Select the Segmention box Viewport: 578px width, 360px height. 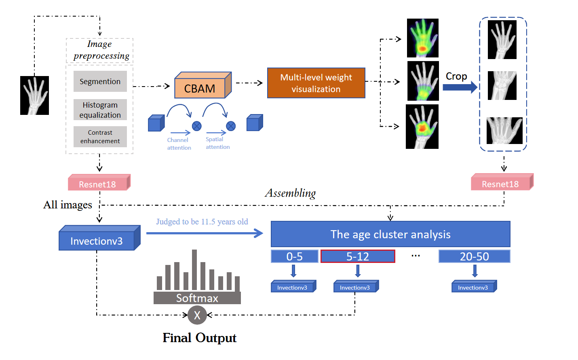pyautogui.click(x=100, y=81)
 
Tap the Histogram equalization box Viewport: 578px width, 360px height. pyautogui.click(x=100, y=110)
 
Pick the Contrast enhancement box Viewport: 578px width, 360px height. pyautogui.click(x=100, y=137)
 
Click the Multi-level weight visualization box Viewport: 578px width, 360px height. pyautogui.click(x=316, y=83)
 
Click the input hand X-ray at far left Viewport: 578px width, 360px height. pyautogui.click(x=34, y=95)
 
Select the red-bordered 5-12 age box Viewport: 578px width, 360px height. pyautogui.click(x=358, y=256)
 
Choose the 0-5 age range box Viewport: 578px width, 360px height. pyautogui.click(x=294, y=256)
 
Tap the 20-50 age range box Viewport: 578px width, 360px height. pyautogui.click(x=474, y=256)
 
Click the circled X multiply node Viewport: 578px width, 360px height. pyautogui.click(x=197, y=315)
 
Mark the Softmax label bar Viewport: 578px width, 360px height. pyautogui.click(x=197, y=298)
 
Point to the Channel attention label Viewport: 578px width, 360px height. pyautogui.click(x=179, y=144)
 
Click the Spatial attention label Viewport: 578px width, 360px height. pyautogui.click(x=217, y=143)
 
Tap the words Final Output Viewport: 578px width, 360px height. pyautogui.click(x=199, y=338)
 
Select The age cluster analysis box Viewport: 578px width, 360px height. pyautogui.click(x=390, y=234)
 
